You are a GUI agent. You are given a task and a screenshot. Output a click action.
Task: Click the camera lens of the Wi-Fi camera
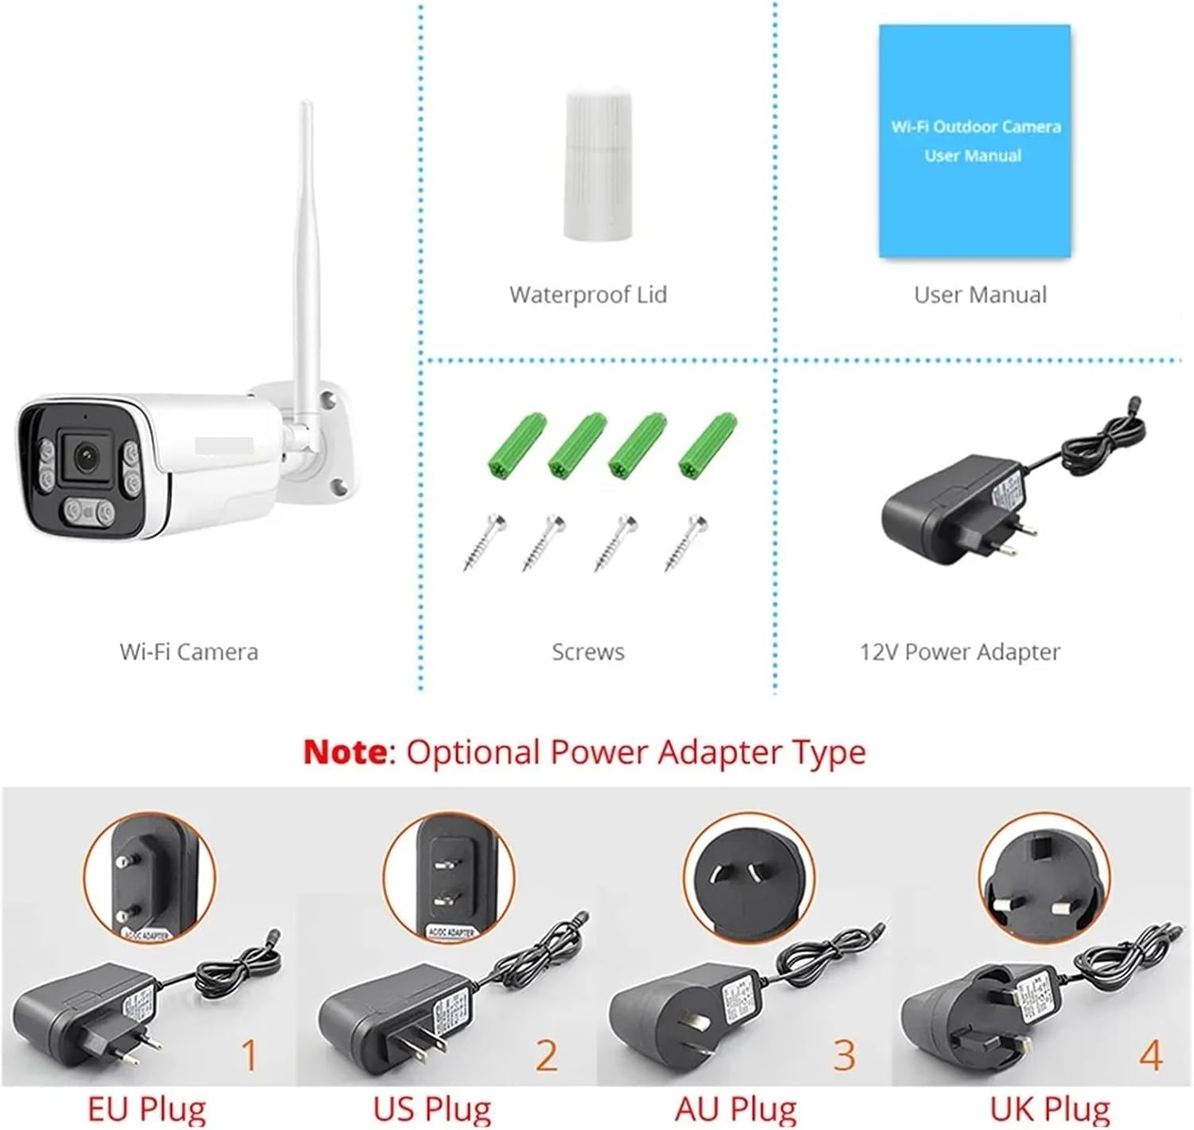pos(86,455)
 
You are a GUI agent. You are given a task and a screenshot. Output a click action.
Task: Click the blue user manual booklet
pos(974,142)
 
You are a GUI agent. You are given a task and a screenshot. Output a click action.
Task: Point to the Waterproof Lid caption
pos(588,295)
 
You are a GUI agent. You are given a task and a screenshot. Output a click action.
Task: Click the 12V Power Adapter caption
pos(959,652)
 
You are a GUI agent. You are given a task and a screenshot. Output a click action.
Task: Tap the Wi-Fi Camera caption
pos(189,652)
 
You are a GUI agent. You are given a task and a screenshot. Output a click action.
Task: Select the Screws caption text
pos(588,652)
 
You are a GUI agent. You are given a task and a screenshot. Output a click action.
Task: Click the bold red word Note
pos(345,752)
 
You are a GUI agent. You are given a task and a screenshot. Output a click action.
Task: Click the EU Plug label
pos(146,1108)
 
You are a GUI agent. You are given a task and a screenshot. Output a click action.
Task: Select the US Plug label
pos(432,1108)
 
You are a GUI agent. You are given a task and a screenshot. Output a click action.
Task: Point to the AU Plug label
pos(736,1108)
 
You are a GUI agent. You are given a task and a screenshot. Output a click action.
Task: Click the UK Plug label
pos(1050,1108)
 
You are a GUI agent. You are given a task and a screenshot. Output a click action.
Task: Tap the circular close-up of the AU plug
pos(749,878)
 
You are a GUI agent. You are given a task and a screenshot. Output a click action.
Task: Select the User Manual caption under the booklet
pos(980,295)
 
